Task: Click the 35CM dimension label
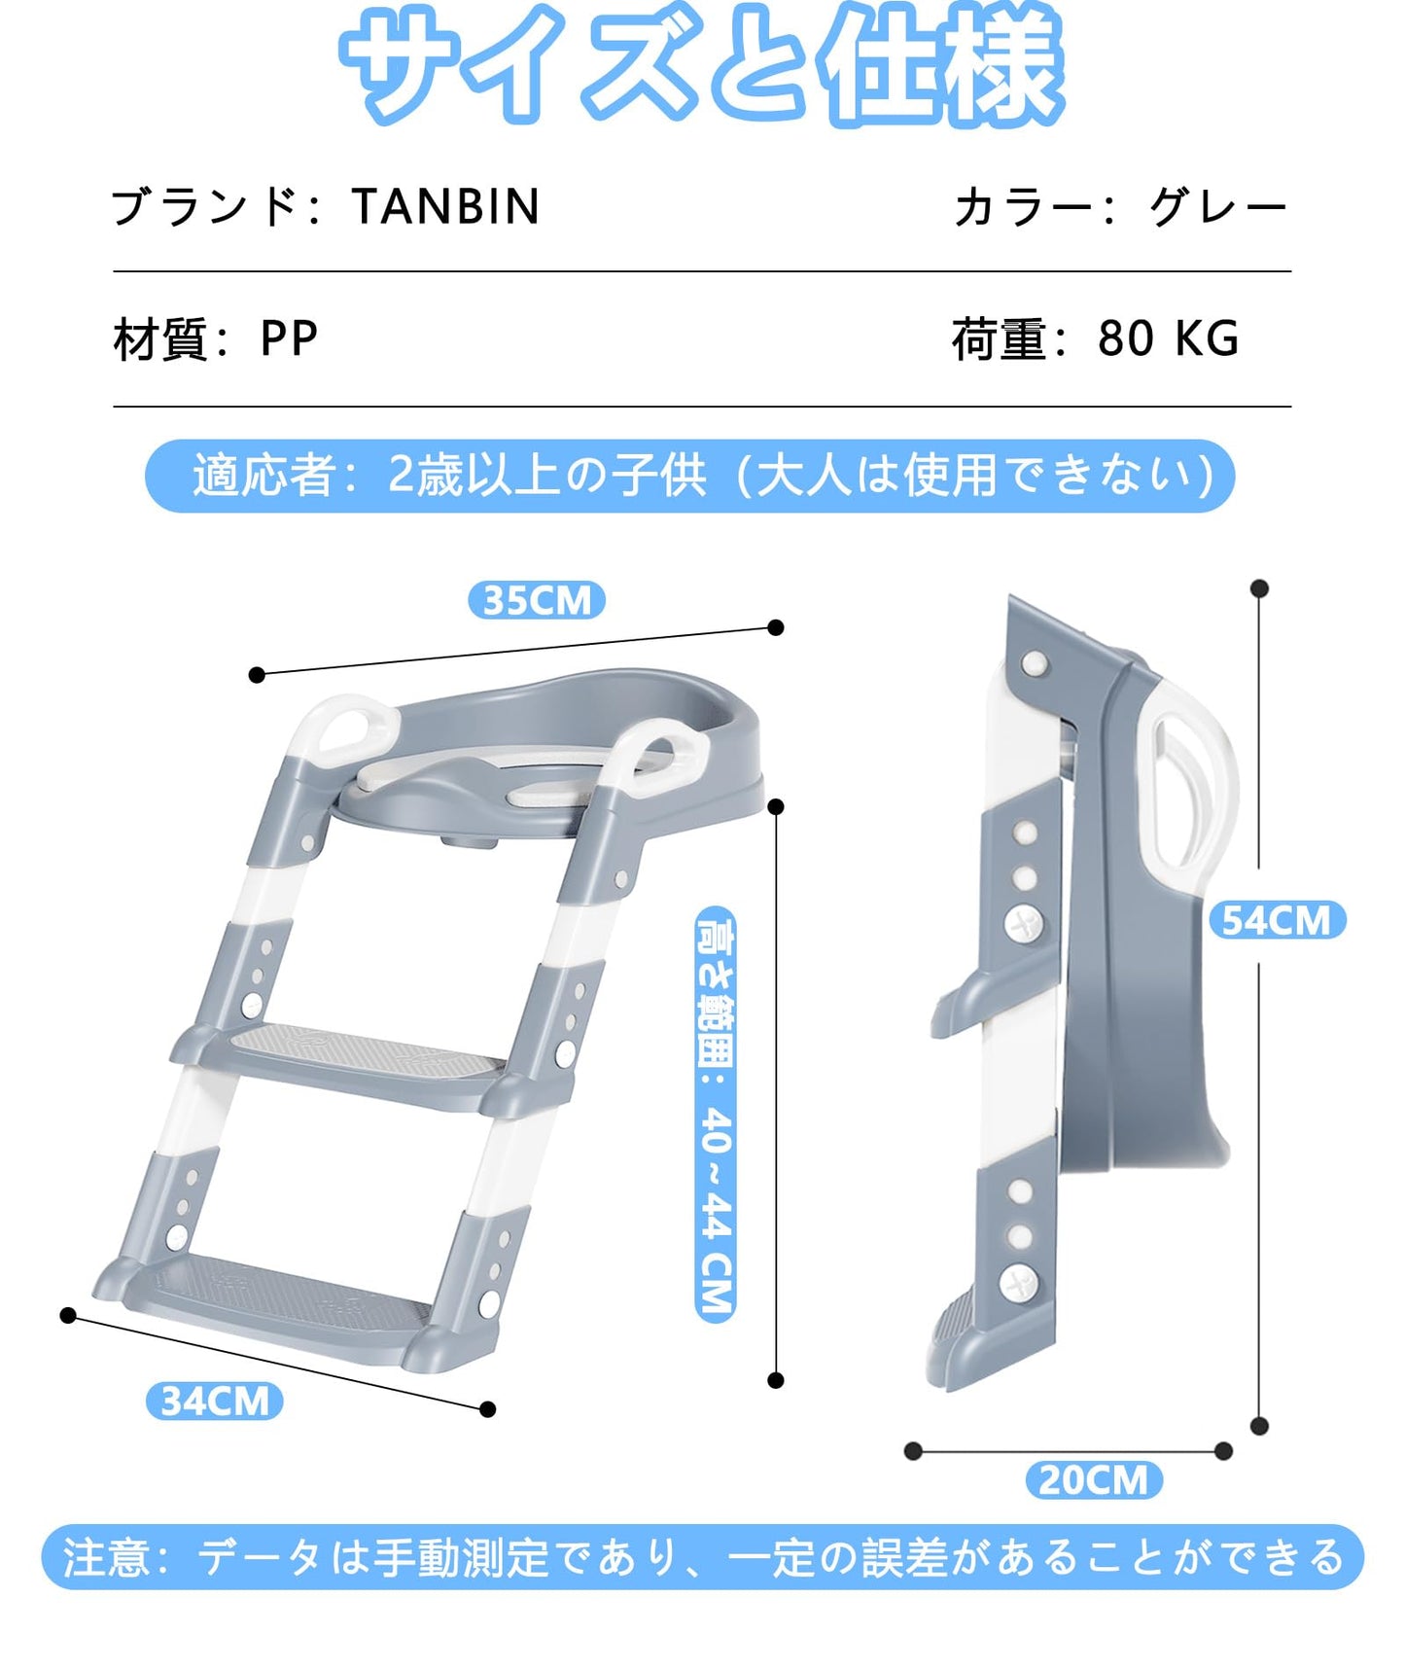coord(537,600)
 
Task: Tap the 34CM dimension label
coord(214,1402)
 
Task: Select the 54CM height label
coord(1277,920)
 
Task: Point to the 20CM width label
coord(1094,1479)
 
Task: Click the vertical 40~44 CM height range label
coord(717,1115)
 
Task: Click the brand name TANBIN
coord(445,206)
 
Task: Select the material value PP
coord(289,338)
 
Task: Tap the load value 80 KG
coord(1168,338)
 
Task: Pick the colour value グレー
coord(1217,207)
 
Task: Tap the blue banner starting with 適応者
coord(689,476)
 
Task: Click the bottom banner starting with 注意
coord(702,1557)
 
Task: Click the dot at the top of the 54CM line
coord(1259,588)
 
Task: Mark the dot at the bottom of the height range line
coord(776,1380)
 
